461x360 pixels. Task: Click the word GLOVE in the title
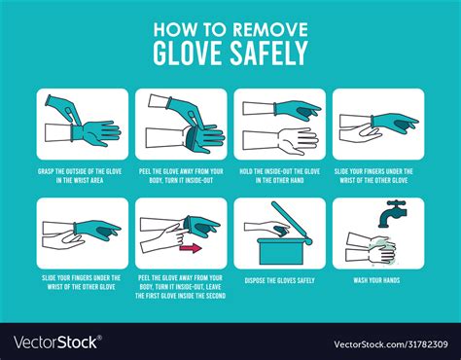tap(190, 53)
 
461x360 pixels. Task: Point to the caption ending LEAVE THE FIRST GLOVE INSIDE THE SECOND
tap(181, 289)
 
